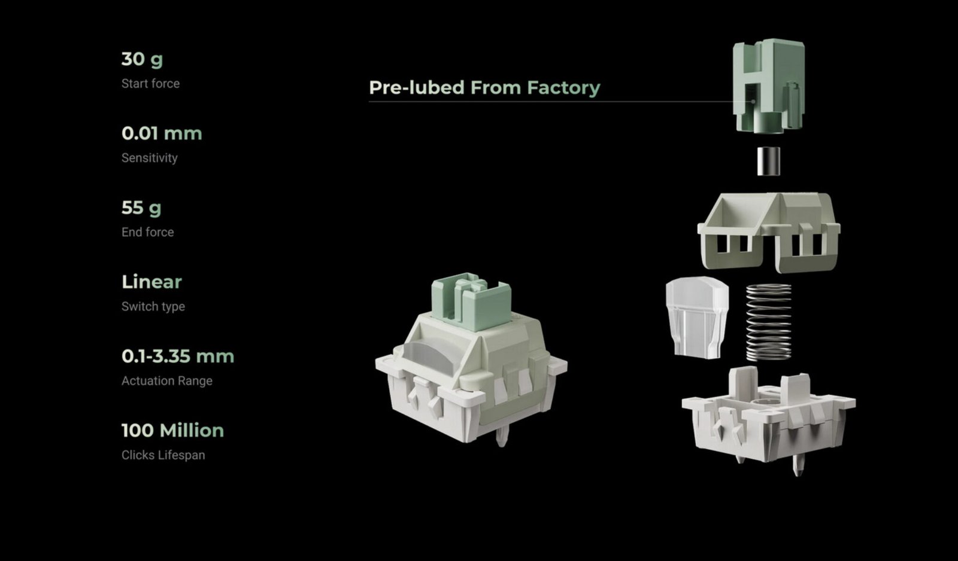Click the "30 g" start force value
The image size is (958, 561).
[142, 59]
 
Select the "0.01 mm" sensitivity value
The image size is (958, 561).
[162, 133]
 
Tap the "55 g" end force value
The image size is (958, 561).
[141, 208]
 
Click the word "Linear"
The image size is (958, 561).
[152, 282]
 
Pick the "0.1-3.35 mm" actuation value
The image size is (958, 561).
[178, 356]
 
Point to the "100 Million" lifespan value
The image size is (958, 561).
[173, 431]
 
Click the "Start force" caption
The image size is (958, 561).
[150, 83]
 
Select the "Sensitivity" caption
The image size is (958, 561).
[149, 158]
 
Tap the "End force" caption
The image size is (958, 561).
[147, 232]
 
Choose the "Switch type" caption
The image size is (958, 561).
[153, 306]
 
